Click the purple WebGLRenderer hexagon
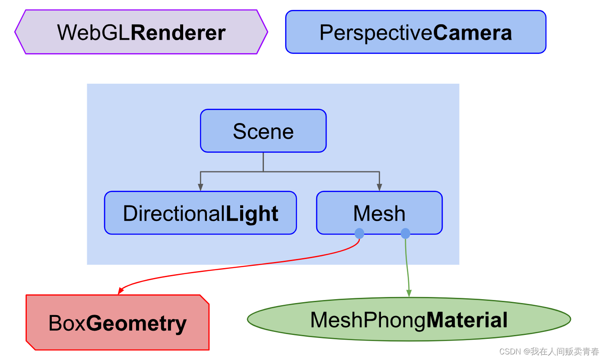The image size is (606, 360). (141, 32)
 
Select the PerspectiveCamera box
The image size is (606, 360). (416, 32)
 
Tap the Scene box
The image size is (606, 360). (263, 131)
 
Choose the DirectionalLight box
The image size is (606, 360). (200, 213)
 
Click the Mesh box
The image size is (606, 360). (379, 213)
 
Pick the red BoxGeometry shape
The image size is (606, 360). (117, 322)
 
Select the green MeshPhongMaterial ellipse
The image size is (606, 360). (409, 319)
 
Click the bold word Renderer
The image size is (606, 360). (178, 33)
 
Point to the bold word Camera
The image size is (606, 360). (473, 33)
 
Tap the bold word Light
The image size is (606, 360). (252, 214)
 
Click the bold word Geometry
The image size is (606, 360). (136, 323)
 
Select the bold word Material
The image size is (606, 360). (467, 320)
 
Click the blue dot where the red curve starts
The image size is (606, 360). (359, 234)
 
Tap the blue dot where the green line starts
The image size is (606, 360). (405, 234)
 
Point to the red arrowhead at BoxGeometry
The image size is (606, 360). (121, 291)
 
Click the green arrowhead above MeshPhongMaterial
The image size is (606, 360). (409, 293)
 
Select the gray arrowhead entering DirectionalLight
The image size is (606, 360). (200, 187)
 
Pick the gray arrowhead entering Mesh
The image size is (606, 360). (379, 187)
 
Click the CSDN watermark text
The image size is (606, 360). (549, 351)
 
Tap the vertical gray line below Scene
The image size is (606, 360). (263, 162)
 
